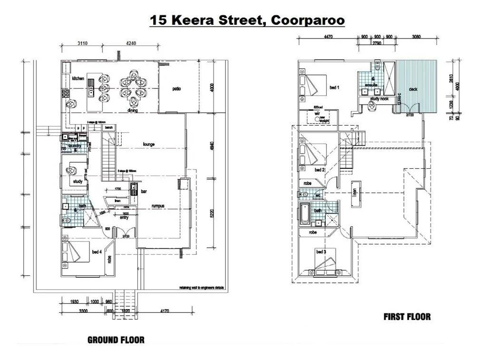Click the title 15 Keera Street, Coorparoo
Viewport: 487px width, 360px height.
(x=247, y=20)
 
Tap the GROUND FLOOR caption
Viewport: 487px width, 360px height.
(x=116, y=340)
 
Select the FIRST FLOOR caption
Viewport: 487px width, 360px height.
(x=407, y=316)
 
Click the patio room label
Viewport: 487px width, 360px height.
(x=177, y=88)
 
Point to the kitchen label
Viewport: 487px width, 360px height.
(x=78, y=78)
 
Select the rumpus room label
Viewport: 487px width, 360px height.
(x=158, y=205)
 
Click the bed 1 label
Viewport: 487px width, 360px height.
(x=334, y=88)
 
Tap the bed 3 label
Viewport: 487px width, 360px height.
(x=321, y=251)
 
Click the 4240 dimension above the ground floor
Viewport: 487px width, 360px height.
(x=131, y=43)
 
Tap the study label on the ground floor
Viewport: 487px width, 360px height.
(x=78, y=182)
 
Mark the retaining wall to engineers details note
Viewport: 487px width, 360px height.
(x=202, y=287)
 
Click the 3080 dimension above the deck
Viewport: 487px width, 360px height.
(x=417, y=36)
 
